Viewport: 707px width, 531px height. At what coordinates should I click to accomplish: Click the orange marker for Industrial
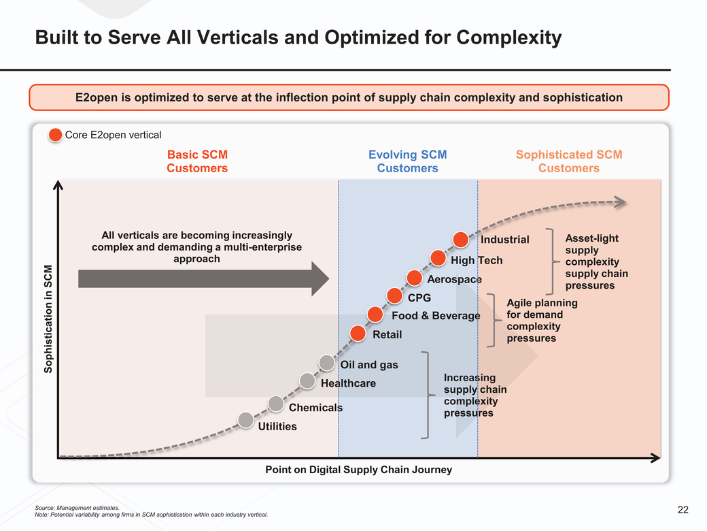[x=461, y=240]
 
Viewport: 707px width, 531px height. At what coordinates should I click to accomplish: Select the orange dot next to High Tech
[x=438, y=258]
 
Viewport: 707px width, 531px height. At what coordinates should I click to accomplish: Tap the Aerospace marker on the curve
[x=415, y=277]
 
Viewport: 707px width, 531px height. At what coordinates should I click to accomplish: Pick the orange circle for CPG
[x=394, y=295]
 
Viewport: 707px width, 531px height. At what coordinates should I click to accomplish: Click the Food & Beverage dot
[x=375, y=314]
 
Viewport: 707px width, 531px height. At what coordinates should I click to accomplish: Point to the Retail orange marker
[x=358, y=333]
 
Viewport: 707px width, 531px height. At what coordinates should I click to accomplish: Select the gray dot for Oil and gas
[x=327, y=363]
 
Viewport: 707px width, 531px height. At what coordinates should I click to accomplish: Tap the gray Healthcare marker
[x=307, y=381]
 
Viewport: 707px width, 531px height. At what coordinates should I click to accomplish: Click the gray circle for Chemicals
[x=276, y=404]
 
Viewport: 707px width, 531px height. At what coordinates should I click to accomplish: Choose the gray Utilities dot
[x=246, y=420]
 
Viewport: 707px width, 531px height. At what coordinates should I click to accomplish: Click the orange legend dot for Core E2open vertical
[x=56, y=135]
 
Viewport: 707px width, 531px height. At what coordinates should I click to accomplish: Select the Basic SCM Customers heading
[x=197, y=161]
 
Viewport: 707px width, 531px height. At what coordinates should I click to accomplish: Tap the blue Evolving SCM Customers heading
[x=407, y=161]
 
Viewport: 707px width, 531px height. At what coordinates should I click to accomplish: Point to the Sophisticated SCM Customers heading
[x=568, y=161]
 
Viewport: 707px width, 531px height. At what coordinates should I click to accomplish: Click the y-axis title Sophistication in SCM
[x=48, y=318]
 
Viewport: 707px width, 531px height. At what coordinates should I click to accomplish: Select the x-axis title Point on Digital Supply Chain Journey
[x=358, y=470]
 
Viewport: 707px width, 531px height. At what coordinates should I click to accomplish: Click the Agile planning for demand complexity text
[x=542, y=320]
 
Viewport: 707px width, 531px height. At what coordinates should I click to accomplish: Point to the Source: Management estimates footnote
[x=77, y=508]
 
